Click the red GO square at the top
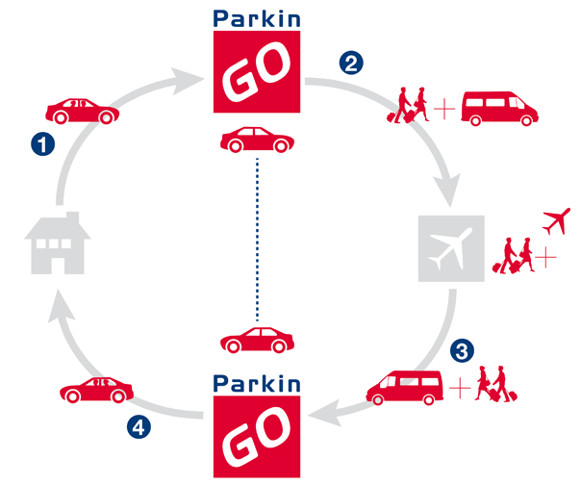tap(256, 73)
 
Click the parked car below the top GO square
tap(257, 140)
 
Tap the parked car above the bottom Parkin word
tap(257, 341)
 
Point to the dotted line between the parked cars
tap(257, 241)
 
